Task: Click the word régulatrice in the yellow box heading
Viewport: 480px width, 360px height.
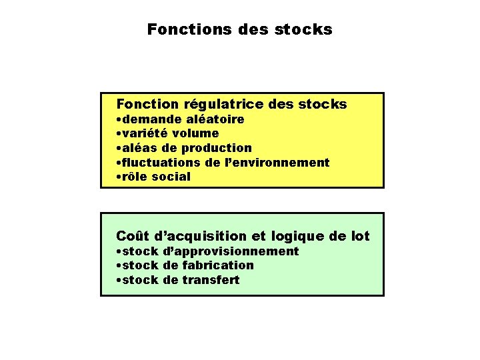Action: pos(223,105)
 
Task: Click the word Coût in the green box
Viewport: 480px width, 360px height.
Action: pos(133,236)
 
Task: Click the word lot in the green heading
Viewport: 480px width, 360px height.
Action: pos(357,236)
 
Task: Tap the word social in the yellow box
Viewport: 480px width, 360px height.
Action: pos(171,177)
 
